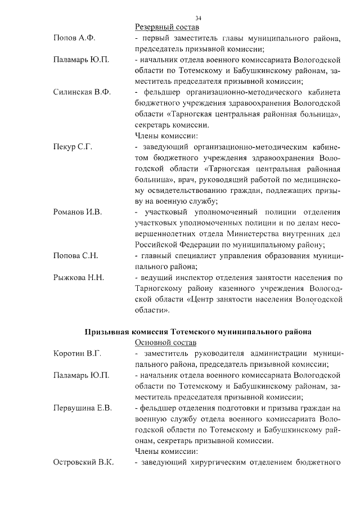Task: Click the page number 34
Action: pos(197,19)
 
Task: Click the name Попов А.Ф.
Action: pos(73,38)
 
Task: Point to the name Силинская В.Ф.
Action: pos(81,92)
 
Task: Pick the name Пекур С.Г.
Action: pos(73,147)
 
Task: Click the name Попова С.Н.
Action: pos(75,255)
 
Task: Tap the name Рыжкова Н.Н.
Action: pos(79,277)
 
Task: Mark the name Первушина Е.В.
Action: pos(82,408)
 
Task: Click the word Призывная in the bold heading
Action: pos(105,332)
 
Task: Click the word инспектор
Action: pos(193,277)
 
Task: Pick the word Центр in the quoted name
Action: pos(204,299)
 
